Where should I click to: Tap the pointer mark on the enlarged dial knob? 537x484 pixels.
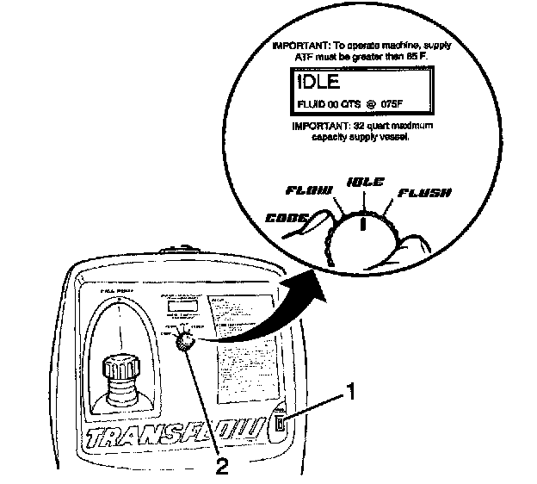tap(364, 224)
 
